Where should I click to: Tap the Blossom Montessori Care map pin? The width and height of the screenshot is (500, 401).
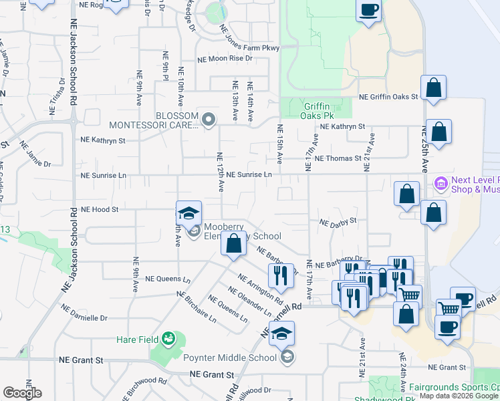coord(209,120)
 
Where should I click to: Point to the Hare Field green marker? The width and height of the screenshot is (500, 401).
coord(168,340)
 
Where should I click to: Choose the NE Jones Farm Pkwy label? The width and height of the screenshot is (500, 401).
coord(248,39)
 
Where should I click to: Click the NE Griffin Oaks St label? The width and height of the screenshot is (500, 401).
coord(388,97)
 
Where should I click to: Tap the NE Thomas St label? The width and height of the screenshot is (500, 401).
coord(338,158)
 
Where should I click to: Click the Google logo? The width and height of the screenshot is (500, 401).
coord(22,393)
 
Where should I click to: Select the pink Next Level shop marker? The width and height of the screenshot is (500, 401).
coord(441,182)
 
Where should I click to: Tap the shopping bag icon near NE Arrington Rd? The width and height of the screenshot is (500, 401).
coord(233,243)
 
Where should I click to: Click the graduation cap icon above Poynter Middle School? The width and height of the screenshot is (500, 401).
coord(282,333)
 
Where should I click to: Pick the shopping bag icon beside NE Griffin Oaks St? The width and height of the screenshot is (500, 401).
coord(433,88)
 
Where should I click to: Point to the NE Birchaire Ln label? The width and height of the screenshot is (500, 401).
coord(196,307)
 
